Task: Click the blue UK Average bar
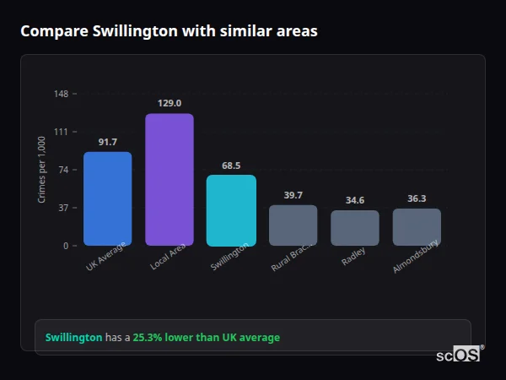[x=107, y=199]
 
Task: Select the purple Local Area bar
[x=170, y=180]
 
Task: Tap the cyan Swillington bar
[x=231, y=210]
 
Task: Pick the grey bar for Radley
[x=354, y=228]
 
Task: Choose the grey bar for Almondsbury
[x=417, y=227]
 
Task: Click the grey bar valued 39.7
[x=293, y=225]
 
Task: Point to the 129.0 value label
[x=170, y=103]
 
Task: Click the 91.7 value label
[x=107, y=142]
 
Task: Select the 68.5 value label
[x=231, y=166]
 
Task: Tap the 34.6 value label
[x=354, y=200]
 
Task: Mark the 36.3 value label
[x=417, y=198]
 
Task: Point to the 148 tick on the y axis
[x=62, y=94]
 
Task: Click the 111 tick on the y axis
[x=62, y=132]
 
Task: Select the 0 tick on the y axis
[x=65, y=246]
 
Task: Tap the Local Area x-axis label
[x=167, y=258]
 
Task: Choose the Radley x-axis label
[x=353, y=257]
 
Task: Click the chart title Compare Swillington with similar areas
[x=170, y=31]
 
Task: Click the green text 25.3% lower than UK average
[x=206, y=338]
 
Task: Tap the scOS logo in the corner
[x=458, y=356]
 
